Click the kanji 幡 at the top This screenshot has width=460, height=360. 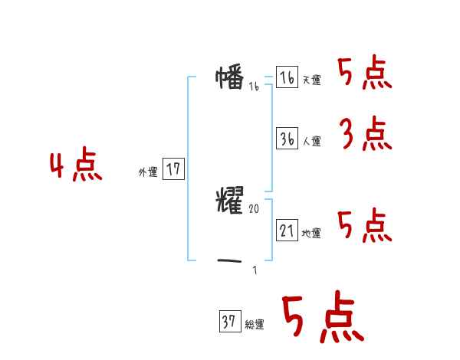click(x=230, y=77)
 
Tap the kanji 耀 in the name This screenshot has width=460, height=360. click(x=230, y=201)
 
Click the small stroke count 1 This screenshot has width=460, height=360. click(x=255, y=270)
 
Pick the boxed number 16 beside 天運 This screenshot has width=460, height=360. click(x=287, y=77)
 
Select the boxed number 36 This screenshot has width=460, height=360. click(x=287, y=139)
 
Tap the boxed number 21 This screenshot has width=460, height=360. click(x=287, y=231)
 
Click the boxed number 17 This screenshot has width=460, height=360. click(x=174, y=169)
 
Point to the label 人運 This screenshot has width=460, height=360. click(x=311, y=142)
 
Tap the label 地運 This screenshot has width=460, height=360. click(x=311, y=234)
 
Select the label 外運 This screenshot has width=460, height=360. click(x=148, y=172)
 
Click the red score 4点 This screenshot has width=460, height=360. click(x=75, y=167)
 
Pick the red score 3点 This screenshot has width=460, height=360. click(x=365, y=135)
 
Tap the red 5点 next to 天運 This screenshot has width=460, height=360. click(x=365, y=74)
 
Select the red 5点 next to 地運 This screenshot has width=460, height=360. click(x=365, y=225)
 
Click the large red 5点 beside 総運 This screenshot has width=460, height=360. click(x=322, y=317)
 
